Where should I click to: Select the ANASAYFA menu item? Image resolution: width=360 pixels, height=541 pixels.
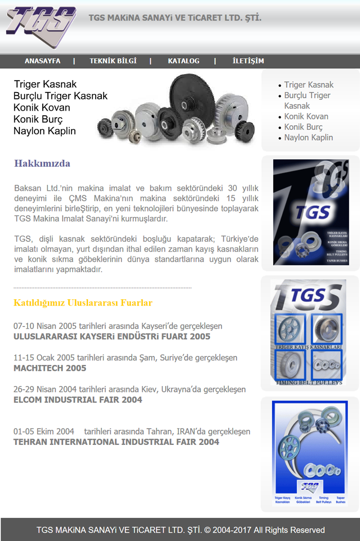(x=42, y=61)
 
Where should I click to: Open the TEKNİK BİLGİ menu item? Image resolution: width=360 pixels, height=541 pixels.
(x=113, y=61)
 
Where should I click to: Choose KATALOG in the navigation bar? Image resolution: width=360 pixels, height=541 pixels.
(x=184, y=61)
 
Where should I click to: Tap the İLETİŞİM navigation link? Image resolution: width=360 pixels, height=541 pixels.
(x=248, y=61)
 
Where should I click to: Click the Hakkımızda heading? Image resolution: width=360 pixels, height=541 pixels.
(x=42, y=164)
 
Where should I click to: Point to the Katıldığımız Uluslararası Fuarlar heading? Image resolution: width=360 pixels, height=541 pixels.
(x=83, y=303)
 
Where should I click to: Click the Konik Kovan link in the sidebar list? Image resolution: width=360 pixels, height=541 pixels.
(x=306, y=116)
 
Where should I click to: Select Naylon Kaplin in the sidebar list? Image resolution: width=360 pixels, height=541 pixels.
(x=309, y=137)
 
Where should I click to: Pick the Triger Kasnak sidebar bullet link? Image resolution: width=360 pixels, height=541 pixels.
(x=309, y=85)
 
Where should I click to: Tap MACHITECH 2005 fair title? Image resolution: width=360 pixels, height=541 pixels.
(x=50, y=368)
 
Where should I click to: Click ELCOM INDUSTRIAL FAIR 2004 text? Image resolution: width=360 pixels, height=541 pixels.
(x=78, y=400)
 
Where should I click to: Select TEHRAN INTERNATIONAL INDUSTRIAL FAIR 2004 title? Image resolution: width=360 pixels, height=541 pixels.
(x=116, y=442)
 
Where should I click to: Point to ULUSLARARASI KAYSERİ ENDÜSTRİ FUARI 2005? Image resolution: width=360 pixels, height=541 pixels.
(x=112, y=337)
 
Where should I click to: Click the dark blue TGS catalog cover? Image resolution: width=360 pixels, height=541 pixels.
(x=311, y=212)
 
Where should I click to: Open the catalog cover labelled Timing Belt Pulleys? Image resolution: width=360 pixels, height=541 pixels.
(x=309, y=333)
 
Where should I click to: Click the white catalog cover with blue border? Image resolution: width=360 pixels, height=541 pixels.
(x=310, y=454)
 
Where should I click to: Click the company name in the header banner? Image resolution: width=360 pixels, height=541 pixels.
(x=175, y=18)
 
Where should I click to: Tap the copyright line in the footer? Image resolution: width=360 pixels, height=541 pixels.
(x=181, y=530)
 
